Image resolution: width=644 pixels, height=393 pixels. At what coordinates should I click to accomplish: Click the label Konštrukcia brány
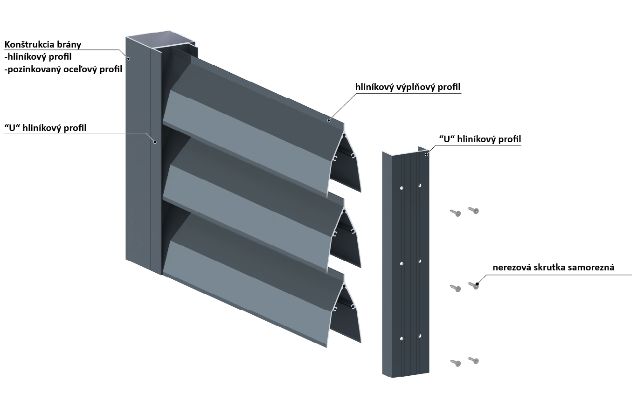43,45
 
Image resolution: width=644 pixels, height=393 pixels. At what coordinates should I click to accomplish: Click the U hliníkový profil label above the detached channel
480,138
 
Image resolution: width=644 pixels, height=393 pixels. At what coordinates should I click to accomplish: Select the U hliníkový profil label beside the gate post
45,128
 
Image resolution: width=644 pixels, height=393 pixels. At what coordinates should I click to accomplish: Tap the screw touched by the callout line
474,285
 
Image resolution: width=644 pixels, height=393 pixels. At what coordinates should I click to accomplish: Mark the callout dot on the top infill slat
329,120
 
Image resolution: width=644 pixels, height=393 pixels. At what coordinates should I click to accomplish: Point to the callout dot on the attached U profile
156,142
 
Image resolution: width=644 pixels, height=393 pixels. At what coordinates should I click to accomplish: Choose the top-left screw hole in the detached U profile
402,188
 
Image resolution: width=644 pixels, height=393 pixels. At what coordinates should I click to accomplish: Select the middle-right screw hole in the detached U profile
420,261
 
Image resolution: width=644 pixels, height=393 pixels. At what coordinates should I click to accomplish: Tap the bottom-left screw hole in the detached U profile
402,338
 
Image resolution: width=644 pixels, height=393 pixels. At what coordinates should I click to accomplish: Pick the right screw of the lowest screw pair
474,360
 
